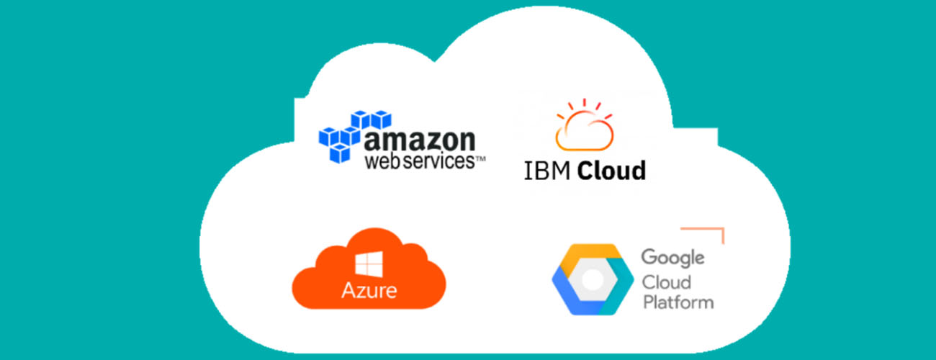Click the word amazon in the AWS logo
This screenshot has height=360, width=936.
[420, 140]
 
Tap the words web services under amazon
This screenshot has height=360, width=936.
[420, 161]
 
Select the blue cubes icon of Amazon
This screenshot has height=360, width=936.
[355, 136]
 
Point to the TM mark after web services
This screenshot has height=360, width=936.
[480, 158]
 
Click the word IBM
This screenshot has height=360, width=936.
[547, 171]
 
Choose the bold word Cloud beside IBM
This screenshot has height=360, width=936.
[611, 171]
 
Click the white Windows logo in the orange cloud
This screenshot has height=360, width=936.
[369, 264]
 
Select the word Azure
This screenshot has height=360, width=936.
[369, 290]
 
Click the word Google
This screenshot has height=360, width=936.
[672, 258]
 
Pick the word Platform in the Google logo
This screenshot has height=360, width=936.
[678, 302]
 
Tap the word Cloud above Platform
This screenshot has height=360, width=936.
[667, 282]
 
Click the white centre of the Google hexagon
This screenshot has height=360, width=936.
[593, 279]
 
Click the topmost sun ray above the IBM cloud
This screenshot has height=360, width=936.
[584, 103]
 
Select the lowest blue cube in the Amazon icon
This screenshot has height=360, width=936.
[340, 153]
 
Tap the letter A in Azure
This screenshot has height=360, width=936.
[349, 290]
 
